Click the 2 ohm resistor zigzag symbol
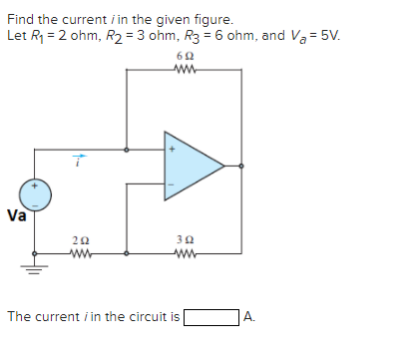81,253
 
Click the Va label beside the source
16,215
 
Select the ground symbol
35,265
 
